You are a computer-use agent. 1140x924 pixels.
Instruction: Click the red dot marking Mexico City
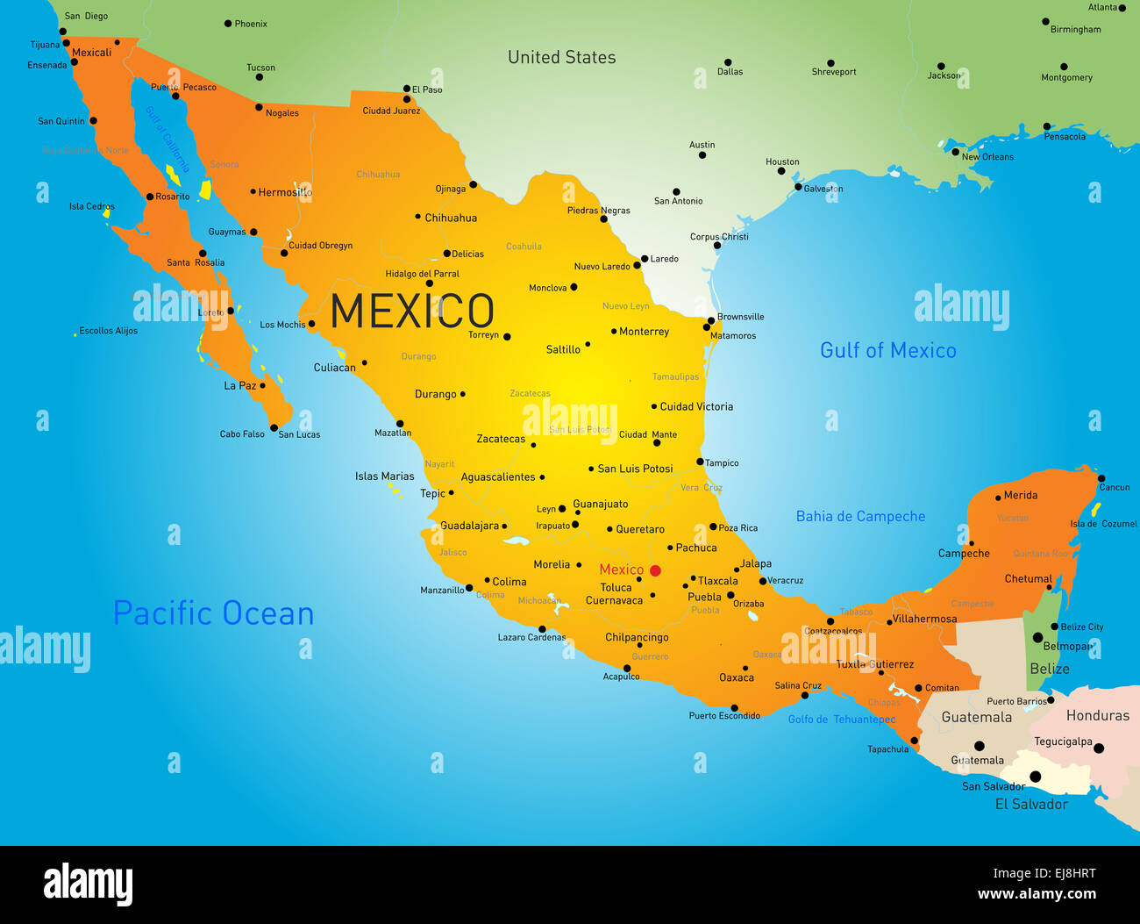tap(655, 570)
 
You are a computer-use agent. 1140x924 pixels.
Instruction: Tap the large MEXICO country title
tap(412, 312)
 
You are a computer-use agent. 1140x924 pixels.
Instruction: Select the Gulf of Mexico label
tap(887, 350)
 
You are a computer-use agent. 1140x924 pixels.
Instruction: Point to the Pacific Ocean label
tap(213, 613)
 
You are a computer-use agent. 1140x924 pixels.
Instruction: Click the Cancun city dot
tap(1101, 478)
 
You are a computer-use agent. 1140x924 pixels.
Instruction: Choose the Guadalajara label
tap(469, 526)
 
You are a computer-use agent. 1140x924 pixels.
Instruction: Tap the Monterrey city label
tap(644, 332)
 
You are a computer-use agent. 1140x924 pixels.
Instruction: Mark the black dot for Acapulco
tap(627, 668)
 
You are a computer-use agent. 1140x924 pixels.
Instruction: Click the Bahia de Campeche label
tap(860, 516)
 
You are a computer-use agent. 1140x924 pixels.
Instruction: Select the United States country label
tap(561, 57)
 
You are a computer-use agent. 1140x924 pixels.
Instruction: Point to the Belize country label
tap(1049, 669)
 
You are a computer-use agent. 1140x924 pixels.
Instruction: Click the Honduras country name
tap(1097, 715)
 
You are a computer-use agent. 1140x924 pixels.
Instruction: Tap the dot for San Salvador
tap(1035, 777)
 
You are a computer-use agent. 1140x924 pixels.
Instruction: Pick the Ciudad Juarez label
tap(391, 111)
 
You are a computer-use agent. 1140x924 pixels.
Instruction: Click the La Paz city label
tap(239, 385)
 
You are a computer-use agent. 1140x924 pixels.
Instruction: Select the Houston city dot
tap(780, 170)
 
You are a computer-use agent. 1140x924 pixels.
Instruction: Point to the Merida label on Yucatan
tap(1020, 495)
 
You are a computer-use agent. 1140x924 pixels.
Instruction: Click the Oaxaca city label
tap(736, 677)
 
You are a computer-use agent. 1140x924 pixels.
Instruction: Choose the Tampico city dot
tap(700, 462)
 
